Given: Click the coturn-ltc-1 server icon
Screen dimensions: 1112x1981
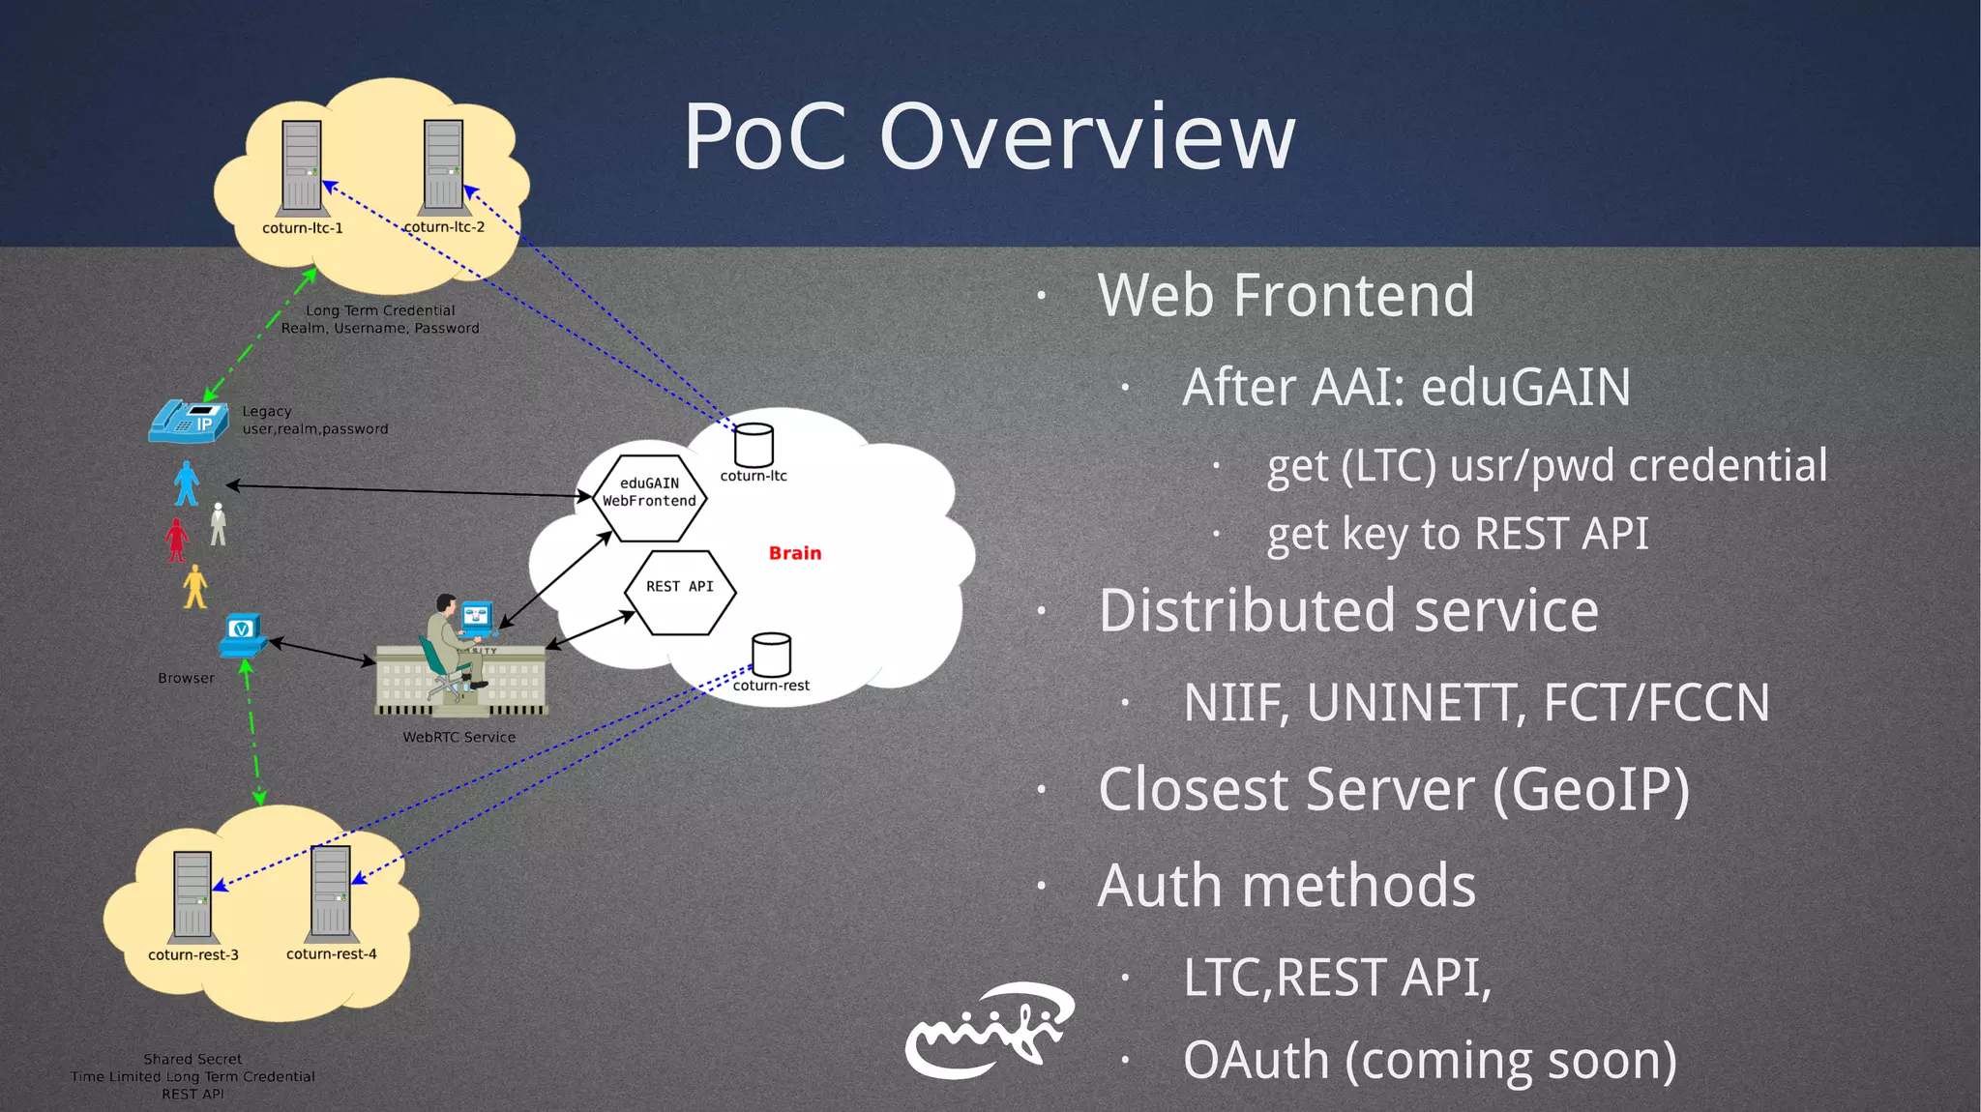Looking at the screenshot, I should [301, 166].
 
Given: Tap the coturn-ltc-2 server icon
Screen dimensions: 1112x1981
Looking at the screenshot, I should [443, 165].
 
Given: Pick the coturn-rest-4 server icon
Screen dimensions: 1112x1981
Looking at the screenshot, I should [330, 893].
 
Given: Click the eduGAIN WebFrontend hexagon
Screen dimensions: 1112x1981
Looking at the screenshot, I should [649, 495].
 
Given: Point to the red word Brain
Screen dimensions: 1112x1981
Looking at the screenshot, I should [794, 553].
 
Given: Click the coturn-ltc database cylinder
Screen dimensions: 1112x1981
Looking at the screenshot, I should [754, 446].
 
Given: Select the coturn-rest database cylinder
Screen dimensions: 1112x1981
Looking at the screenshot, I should [771, 656].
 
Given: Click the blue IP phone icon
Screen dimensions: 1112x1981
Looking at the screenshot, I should [189, 422].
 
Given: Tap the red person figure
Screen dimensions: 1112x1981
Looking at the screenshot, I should [176, 540].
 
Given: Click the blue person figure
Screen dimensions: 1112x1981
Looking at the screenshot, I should [186, 483].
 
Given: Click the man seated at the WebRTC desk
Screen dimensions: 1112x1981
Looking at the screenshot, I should [447, 643].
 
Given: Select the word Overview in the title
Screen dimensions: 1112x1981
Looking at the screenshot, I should [1086, 137].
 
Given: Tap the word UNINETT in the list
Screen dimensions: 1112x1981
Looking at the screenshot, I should [1416, 703].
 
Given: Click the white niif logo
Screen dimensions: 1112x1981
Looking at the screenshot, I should [989, 1031].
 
